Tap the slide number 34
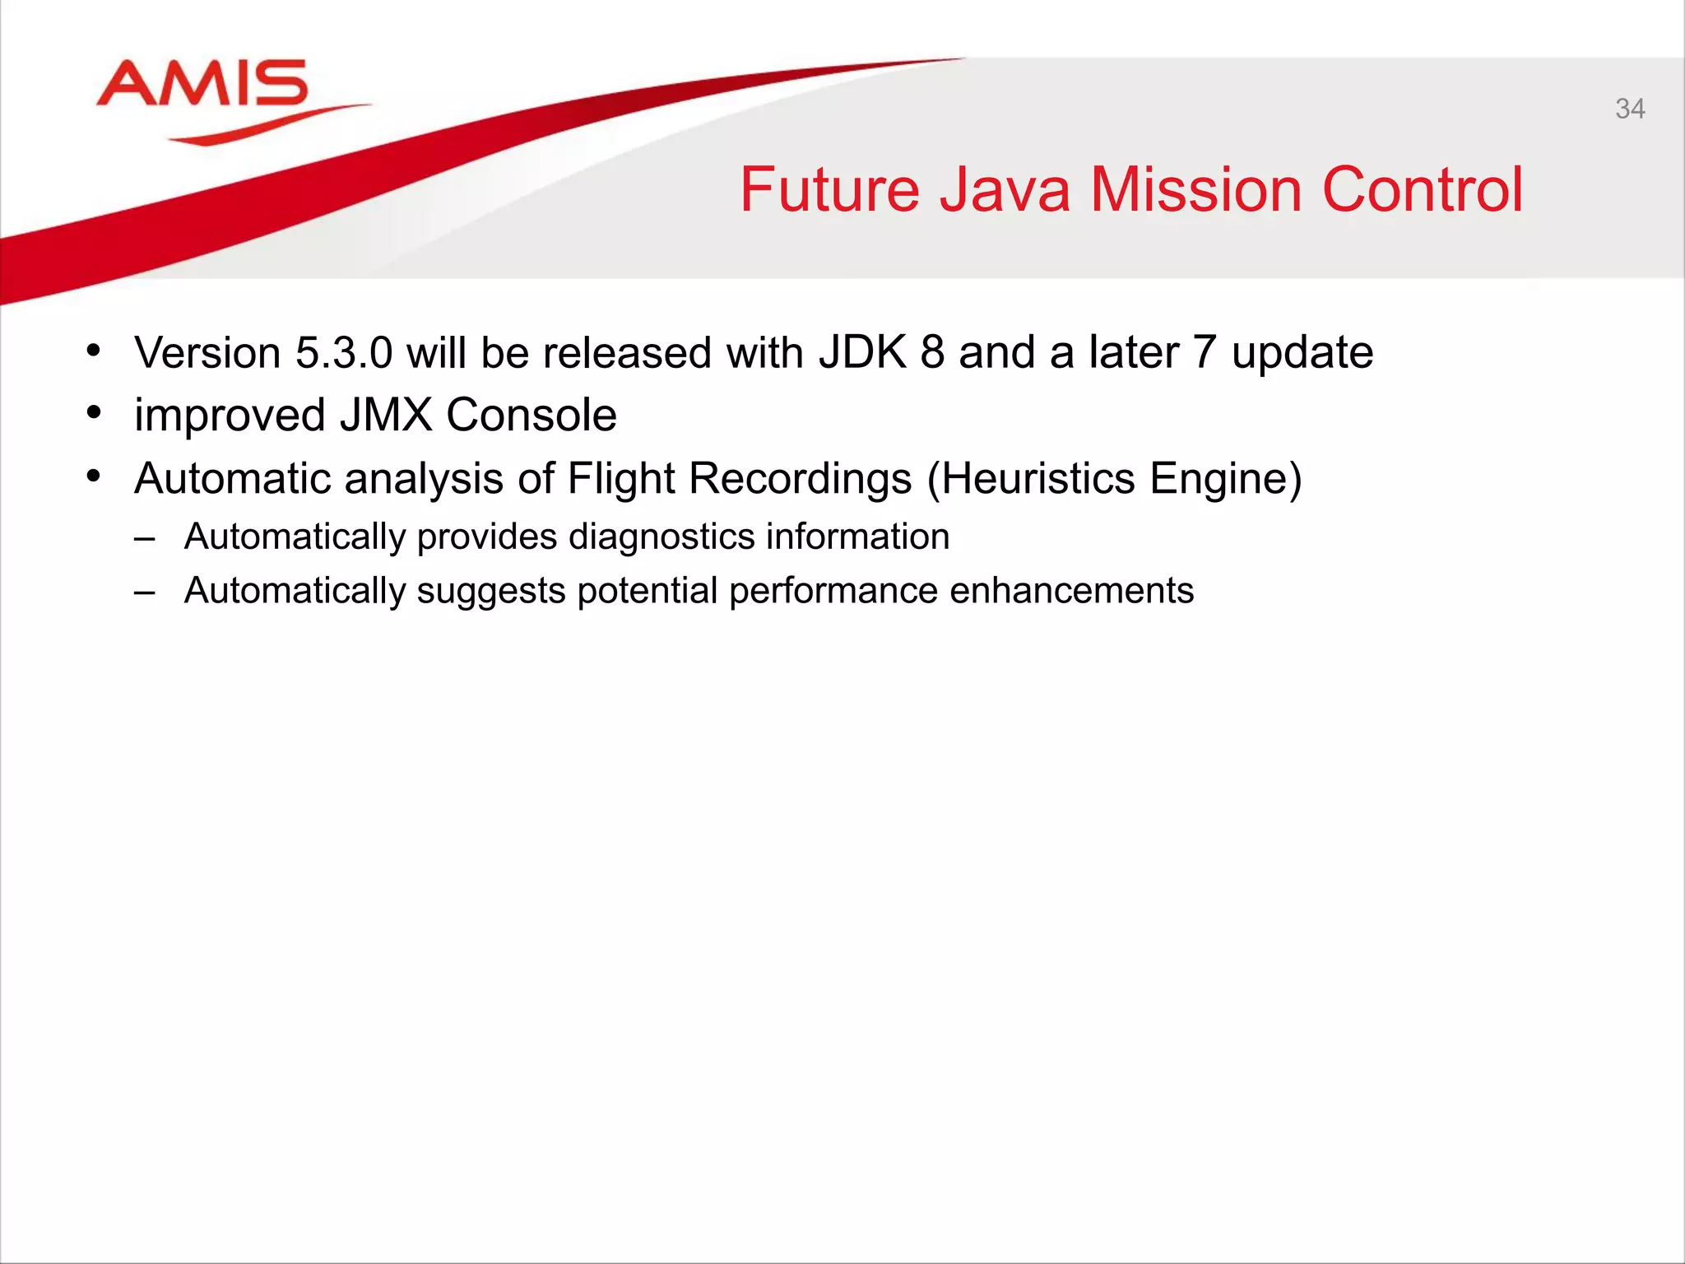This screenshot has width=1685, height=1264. coord(1629,109)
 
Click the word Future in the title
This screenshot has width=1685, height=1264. coord(829,190)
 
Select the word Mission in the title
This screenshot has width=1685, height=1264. coord(1195,190)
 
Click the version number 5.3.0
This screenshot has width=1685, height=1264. coord(344,353)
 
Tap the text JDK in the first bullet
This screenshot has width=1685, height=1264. coord(862,353)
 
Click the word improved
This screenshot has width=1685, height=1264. coord(230,416)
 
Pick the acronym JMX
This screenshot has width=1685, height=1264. coord(386,415)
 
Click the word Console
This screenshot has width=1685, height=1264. coord(531,415)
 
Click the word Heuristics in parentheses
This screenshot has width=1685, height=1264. coord(1037,478)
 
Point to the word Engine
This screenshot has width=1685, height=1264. coord(1225,480)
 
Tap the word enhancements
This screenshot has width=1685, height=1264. coord(1071,591)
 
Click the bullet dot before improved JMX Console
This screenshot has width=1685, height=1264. coord(94,411)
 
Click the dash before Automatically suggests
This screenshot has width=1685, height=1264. coord(145,592)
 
